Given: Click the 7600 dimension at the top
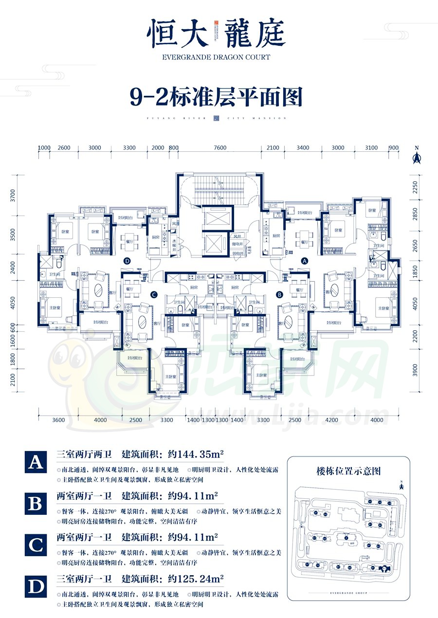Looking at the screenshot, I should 220,148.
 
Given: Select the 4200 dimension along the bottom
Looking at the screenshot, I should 331,420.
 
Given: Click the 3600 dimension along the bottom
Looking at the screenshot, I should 58,420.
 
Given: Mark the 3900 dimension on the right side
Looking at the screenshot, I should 415,370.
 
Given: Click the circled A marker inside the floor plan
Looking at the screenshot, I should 305,261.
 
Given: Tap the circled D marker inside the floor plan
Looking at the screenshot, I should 128,261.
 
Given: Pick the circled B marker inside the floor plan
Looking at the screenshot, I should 280,294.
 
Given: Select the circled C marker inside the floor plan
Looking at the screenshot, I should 153,294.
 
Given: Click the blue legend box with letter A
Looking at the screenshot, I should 35,462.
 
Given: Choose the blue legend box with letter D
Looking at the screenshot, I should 35,587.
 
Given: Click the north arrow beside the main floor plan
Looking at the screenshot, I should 416,156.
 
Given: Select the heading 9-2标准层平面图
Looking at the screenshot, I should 216,97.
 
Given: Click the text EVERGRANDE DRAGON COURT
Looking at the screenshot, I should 216,57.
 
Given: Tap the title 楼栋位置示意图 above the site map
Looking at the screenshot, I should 348,471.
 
